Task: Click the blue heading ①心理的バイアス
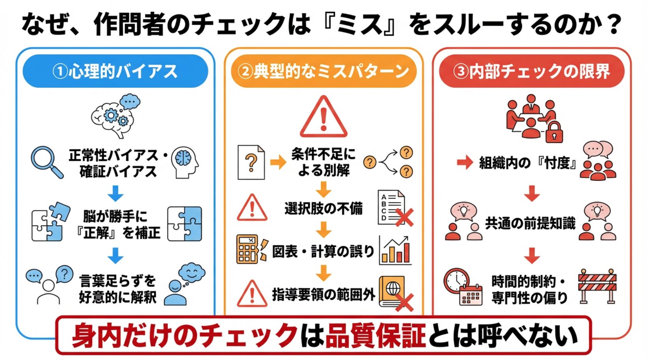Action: click(x=115, y=71)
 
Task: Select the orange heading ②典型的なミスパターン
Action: click(x=323, y=71)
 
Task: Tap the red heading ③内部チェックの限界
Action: click(x=532, y=71)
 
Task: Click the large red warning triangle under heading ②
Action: click(x=323, y=117)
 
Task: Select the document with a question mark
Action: click(x=251, y=162)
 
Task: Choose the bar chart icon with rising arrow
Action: click(x=395, y=251)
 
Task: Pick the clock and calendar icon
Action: click(x=463, y=287)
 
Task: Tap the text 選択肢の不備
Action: click(x=323, y=209)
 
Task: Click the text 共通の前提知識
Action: click(x=530, y=223)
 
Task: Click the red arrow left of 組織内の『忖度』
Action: click(x=465, y=162)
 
